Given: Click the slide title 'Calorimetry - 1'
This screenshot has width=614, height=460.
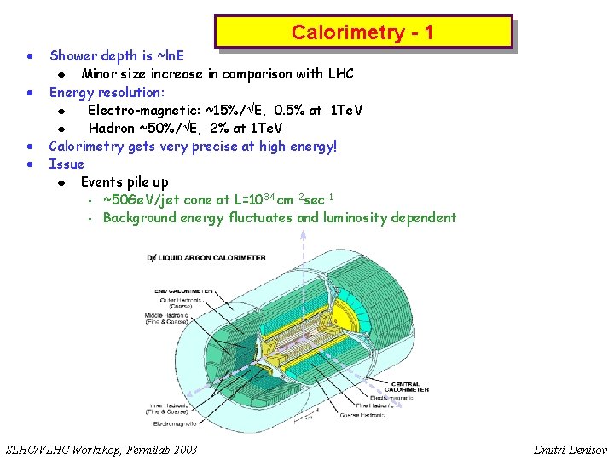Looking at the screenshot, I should (x=362, y=32).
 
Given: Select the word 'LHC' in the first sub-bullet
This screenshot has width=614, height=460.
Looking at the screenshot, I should (x=338, y=74).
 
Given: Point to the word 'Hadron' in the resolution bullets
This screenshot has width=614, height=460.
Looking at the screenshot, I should (x=112, y=128).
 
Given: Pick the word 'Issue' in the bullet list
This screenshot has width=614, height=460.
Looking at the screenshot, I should (x=67, y=164).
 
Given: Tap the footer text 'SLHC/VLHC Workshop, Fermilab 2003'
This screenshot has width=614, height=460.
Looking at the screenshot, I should (x=101, y=449).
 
